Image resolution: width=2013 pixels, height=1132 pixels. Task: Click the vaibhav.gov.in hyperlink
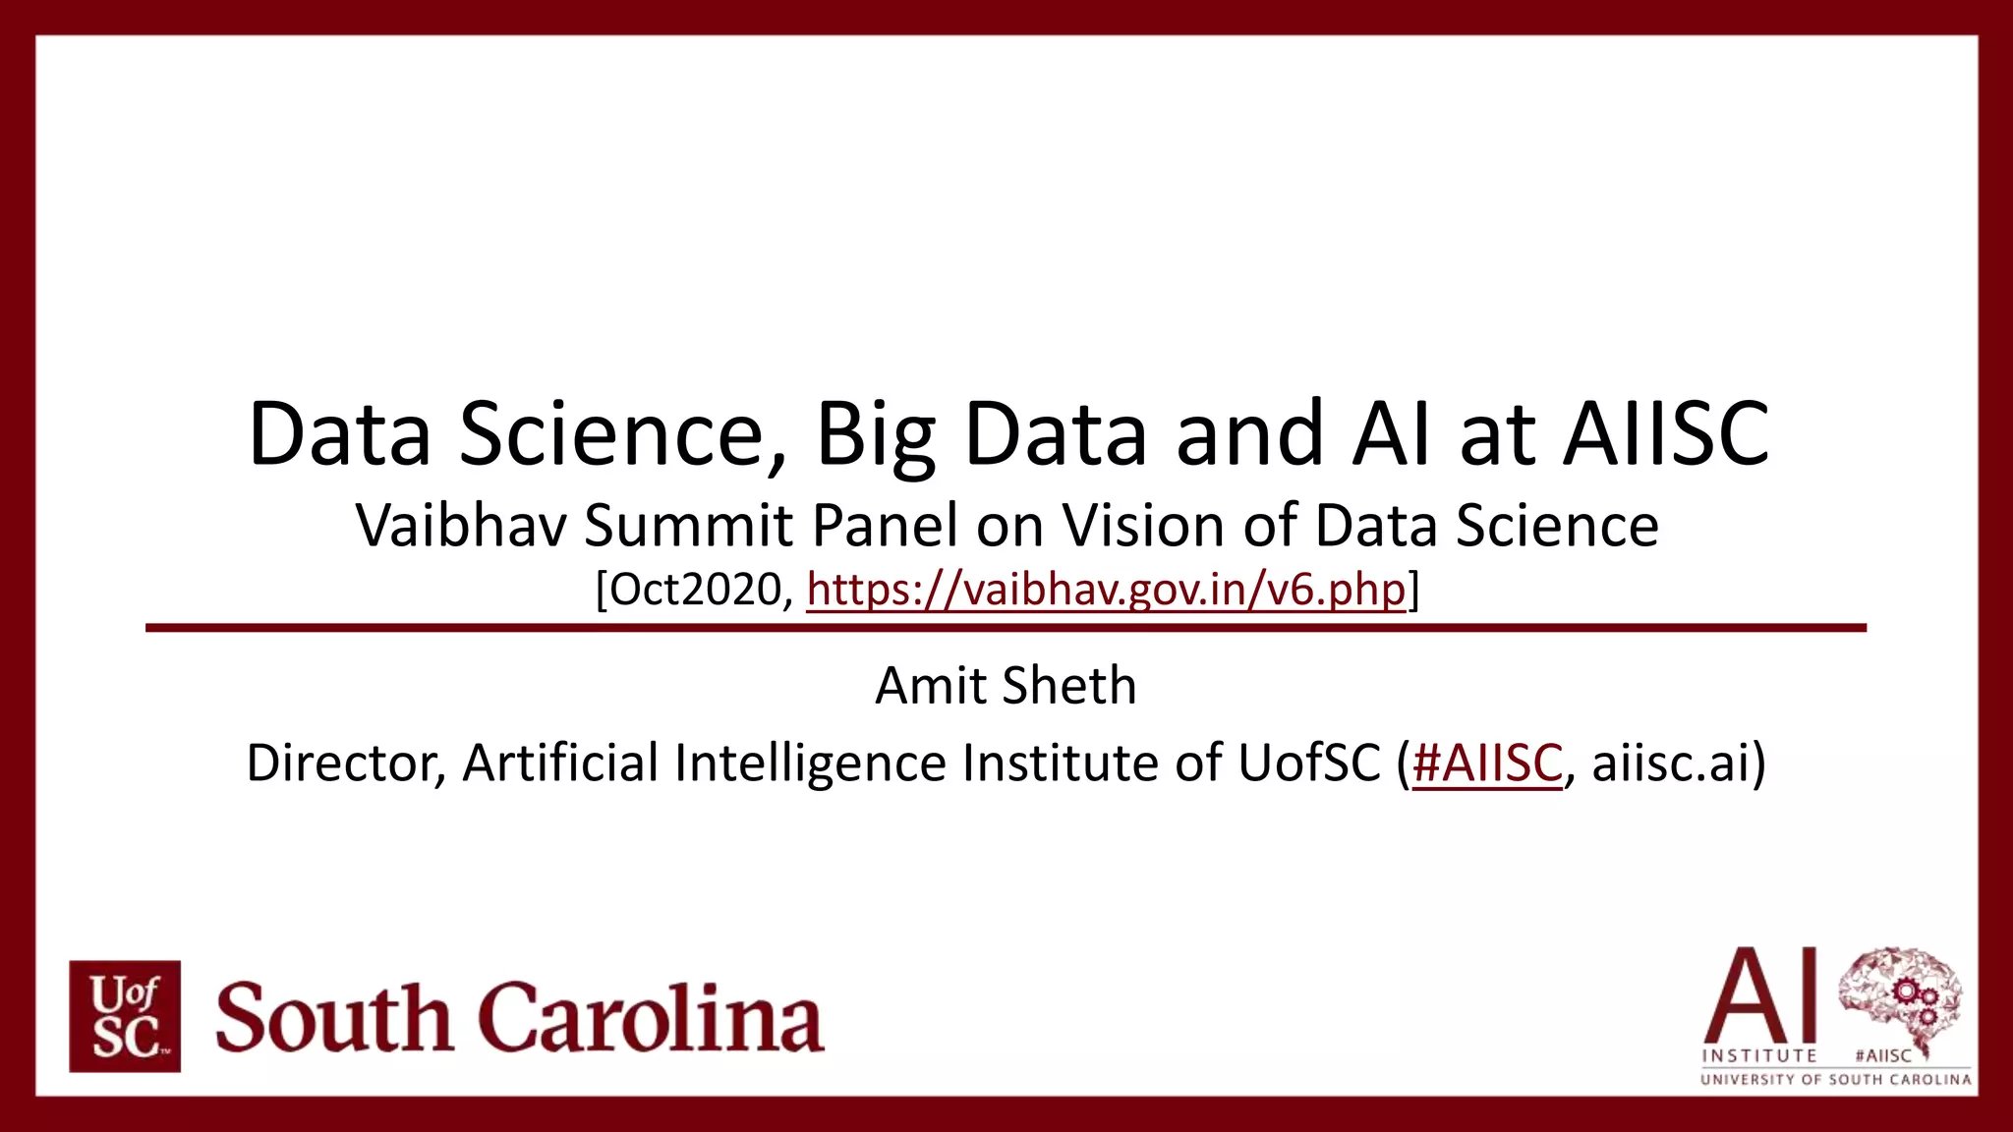click(1106, 590)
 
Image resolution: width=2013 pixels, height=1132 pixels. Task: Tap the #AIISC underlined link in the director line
click(1486, 763)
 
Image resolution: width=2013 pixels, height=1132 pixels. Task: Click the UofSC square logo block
click(125, 1016)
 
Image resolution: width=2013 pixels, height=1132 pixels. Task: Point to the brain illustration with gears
click(1899, 998)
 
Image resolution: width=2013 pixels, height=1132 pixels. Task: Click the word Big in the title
click(875, 434)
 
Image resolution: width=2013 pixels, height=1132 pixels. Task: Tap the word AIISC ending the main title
click(1666, 434)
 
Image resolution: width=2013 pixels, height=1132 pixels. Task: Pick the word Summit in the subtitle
click(689, 526)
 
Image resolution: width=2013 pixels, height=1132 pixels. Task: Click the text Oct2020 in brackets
click(693, 590)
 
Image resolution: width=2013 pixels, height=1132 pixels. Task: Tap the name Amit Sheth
click(1006, 685)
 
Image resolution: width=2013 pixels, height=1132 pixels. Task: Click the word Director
click(343, 763)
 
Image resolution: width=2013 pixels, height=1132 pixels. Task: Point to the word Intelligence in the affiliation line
click(810, 763)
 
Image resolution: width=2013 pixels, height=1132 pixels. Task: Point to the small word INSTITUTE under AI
click(1759, 1056)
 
